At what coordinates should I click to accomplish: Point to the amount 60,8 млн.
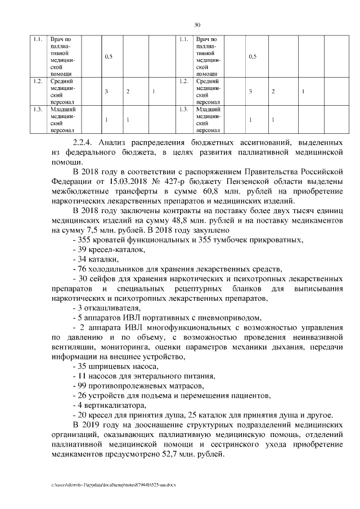point(218,191)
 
